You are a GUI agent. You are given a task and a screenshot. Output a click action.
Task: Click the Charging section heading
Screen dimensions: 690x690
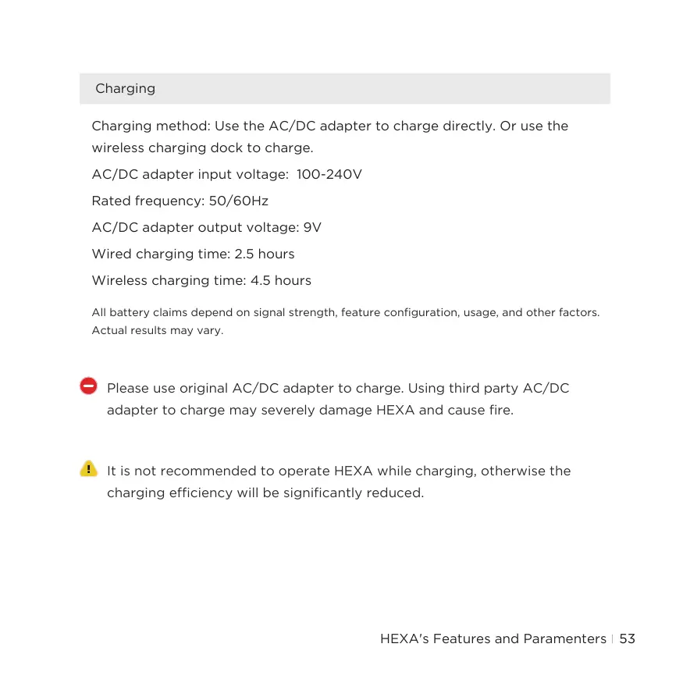coord(125,89)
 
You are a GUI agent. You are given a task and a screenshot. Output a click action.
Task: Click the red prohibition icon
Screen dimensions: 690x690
coord(89,386)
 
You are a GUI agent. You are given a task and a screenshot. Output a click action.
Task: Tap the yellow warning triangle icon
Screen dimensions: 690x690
coord(89,468)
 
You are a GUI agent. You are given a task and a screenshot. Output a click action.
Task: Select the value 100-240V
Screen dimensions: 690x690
coord(329,175)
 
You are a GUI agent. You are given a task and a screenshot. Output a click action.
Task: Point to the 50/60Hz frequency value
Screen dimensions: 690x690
coord(239,201)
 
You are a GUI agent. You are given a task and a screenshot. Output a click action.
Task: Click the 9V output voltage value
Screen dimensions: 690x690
coord(312,228)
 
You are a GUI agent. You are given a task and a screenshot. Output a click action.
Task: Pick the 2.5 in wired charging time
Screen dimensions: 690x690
coord(244,254)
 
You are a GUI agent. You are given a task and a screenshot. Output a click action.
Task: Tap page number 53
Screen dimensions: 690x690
coord(628,639)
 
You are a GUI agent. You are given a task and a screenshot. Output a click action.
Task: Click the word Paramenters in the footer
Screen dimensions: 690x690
coord(559,639)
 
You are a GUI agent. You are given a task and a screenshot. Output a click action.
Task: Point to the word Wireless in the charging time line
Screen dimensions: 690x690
coord(119,281)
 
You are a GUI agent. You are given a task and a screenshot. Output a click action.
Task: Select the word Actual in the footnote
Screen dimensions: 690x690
coord(109,330)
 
